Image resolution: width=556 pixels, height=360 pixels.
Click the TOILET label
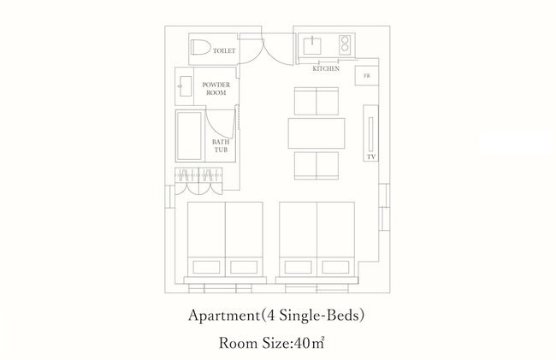[224, 50]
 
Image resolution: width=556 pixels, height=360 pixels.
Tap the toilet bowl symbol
[200, 47]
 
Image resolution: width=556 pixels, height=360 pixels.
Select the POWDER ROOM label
[216, 89]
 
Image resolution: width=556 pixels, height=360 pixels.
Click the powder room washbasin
[185, 86]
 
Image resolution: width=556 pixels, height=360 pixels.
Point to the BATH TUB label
[221, 145]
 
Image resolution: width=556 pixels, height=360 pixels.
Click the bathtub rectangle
[189, 136]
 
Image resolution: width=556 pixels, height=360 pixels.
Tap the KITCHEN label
[326, 68]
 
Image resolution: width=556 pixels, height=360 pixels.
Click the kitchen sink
[312, 45]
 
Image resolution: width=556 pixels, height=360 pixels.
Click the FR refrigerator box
[367, 75]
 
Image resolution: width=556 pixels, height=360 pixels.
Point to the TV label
[371, 156]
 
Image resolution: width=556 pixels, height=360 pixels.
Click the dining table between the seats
[316, 133]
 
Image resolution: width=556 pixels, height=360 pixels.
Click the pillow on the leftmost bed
[206, 267]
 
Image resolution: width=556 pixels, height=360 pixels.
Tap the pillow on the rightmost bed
[335, 267]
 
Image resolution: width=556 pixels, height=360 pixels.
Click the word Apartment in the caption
[224, 316]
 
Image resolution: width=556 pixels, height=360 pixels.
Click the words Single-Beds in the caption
[320, 315]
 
